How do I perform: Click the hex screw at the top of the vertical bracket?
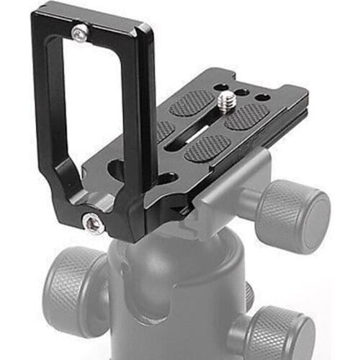coord(80,31)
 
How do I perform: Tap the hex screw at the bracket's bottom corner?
coord(91,225)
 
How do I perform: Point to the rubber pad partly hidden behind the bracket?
coord(164,130)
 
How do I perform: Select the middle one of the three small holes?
coord(246,92)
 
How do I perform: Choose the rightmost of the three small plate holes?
coord(262,97)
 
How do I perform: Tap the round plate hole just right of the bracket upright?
coord(167,177)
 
